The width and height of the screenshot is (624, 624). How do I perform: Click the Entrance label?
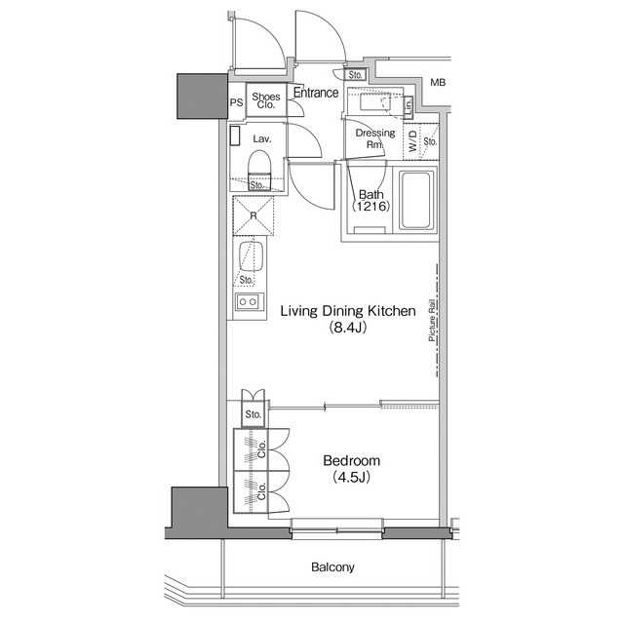coord(316,94)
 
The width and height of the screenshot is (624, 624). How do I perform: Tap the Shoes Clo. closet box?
coord(266,100)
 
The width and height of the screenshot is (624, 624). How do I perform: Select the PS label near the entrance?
coord(236,101)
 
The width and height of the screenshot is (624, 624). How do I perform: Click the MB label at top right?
coord(439,83)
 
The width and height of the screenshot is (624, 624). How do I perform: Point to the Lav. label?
coord(261,139)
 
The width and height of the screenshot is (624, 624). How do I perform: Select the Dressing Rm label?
coord(374,138)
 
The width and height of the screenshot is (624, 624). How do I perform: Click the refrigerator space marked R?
coord(253,215)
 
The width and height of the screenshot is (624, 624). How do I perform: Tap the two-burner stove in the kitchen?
coord(248,302)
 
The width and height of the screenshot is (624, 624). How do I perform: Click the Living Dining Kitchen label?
coord(348,311)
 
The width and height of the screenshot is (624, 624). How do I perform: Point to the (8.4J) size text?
coord(348,329)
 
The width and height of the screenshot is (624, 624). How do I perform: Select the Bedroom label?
coord(351,460)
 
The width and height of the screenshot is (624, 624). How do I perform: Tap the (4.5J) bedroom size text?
coord(351,478)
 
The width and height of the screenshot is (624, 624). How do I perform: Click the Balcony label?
coord(332,566)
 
